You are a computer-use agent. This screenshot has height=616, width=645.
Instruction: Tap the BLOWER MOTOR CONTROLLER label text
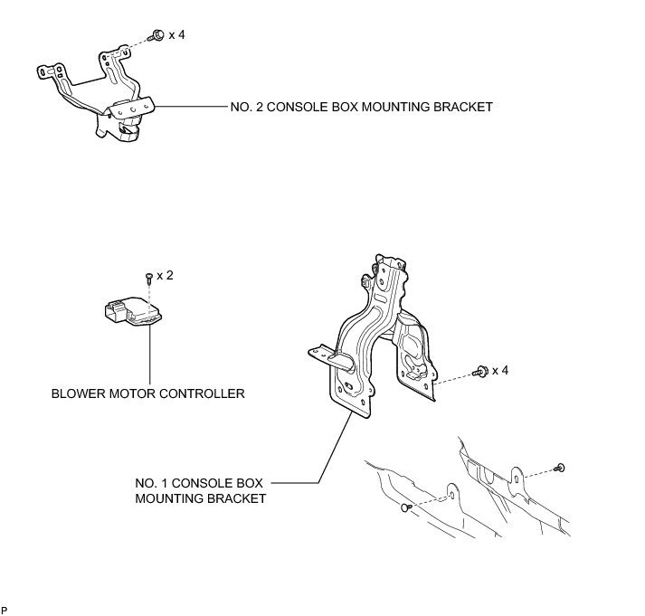(x=148, y=393)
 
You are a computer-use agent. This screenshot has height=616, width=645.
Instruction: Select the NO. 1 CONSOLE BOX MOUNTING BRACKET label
(x=201, y=489)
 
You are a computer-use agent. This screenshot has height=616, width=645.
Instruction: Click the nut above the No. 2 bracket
(x=157, y=34)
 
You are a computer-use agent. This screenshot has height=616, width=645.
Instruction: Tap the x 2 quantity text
(x=165, y=274)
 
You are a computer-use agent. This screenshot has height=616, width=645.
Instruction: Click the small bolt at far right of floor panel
(x=561, y=467)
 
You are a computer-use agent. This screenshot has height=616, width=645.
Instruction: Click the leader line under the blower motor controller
(x=148, y=357)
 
